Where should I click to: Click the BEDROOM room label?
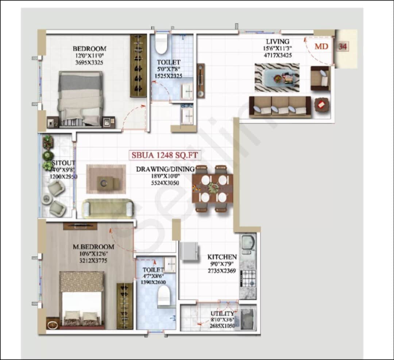point(89,49)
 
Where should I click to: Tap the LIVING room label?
point(277,42)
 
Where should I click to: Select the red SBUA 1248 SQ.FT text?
point(165,155)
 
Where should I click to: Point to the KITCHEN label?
point(222,257)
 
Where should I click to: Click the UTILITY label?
point(222,314)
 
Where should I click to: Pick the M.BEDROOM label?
point(93,247)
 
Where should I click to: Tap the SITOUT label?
point(58,163)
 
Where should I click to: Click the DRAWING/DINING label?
point(165,169)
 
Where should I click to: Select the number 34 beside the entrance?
point(342,46)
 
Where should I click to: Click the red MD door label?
point(321,46)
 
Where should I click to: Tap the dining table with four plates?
point(212,189)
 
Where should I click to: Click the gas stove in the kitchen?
point(248,278)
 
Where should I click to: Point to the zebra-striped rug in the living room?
point(277,77)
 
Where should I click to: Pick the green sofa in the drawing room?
point(107,208)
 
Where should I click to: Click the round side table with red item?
point(321,105)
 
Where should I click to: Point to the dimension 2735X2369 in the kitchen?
point(222,271)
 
